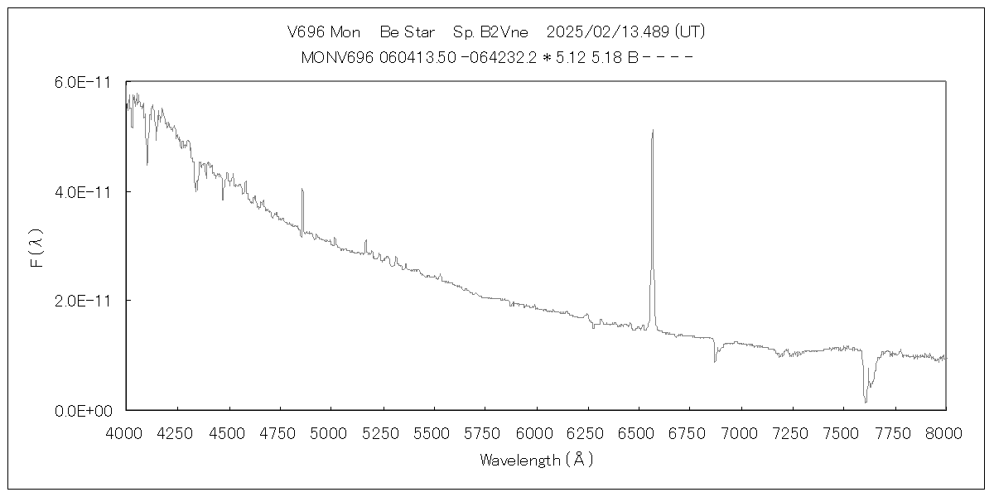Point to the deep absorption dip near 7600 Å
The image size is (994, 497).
pyautogui.click(x=866, y=401)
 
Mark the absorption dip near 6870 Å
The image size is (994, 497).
pyautogui.click(x=715, y=360)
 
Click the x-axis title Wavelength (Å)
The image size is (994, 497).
pyautogui.click(x=536, y=460)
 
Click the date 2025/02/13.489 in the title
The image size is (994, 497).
pyautogui.click(x=608, y=32)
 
